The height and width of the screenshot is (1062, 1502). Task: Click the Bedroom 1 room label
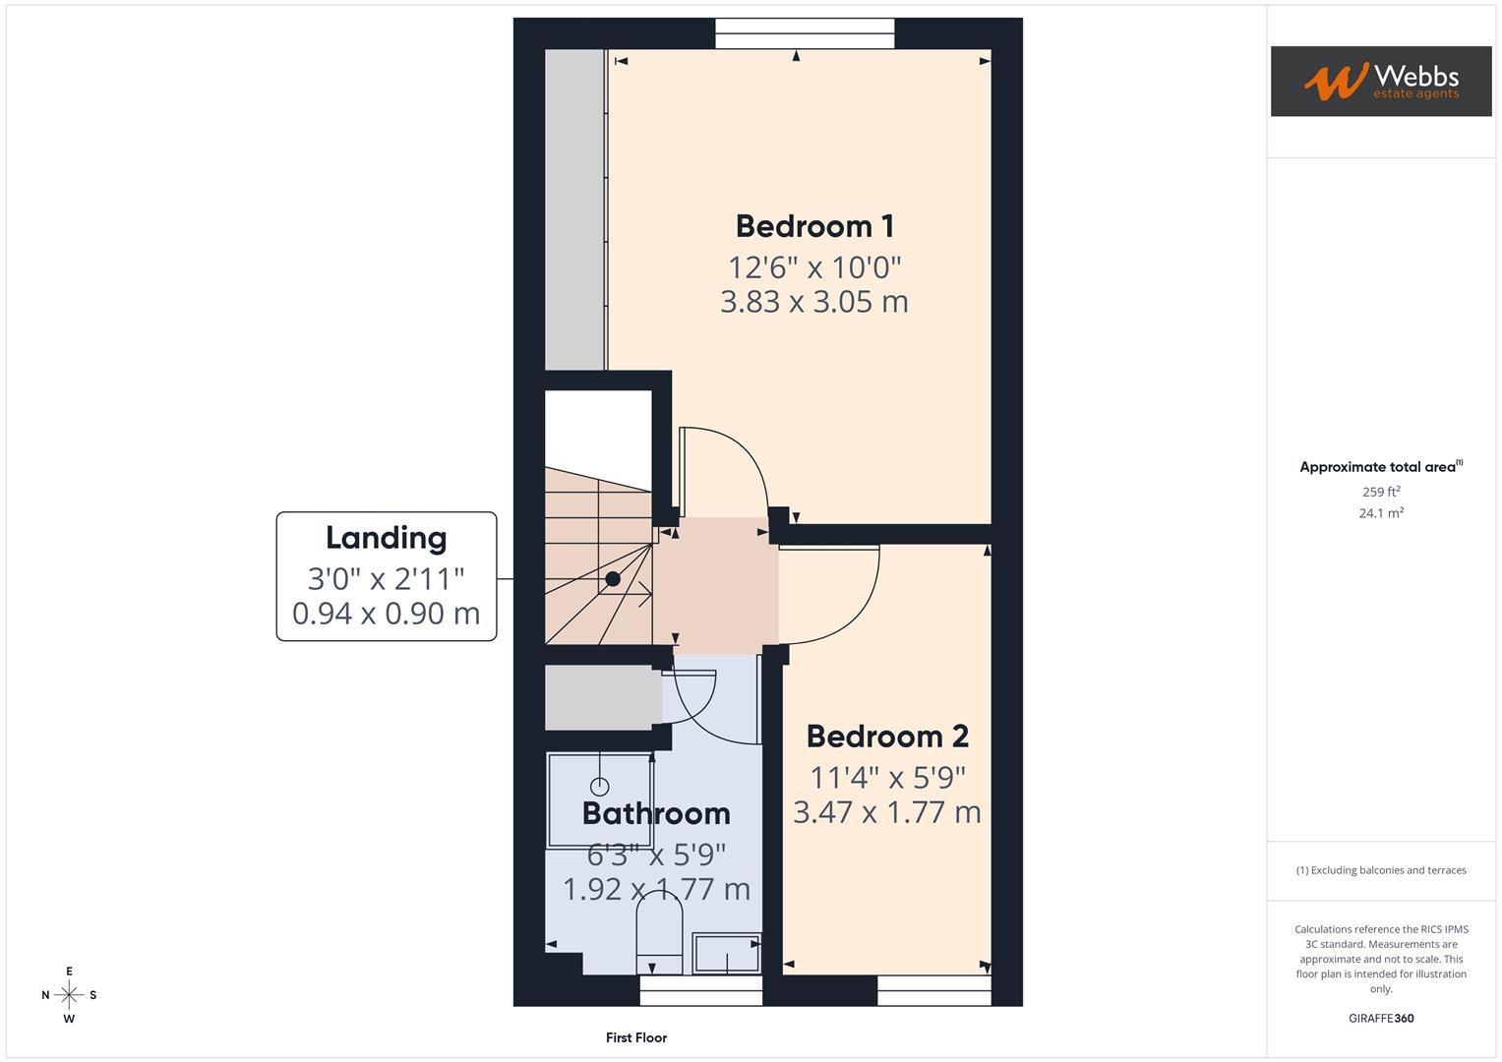(814, 226)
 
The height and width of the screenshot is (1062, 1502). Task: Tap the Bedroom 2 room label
(887, 737)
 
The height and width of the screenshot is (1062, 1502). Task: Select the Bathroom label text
(656, 813)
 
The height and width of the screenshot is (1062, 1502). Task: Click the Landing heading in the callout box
(386, 538)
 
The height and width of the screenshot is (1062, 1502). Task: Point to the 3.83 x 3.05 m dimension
(814, 302)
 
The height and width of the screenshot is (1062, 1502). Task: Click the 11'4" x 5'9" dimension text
(887, 778)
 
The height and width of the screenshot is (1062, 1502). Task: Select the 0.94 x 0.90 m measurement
(386, 614)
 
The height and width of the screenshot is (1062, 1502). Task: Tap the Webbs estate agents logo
(1380, 82)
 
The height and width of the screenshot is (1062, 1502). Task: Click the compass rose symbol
(69, 995)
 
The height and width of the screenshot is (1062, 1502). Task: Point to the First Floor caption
(636, 1037)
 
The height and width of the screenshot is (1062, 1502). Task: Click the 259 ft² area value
(1381, 492)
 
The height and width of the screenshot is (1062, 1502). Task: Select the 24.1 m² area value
(1381, 513)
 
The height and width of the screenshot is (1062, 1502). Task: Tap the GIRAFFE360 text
(1381, 1019)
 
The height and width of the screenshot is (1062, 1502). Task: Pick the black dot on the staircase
(613, 578)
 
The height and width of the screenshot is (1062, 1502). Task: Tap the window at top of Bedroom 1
(805, 33)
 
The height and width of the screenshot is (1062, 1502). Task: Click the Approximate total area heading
(1381, 467)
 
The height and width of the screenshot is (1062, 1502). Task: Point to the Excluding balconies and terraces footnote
(1381, 870)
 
